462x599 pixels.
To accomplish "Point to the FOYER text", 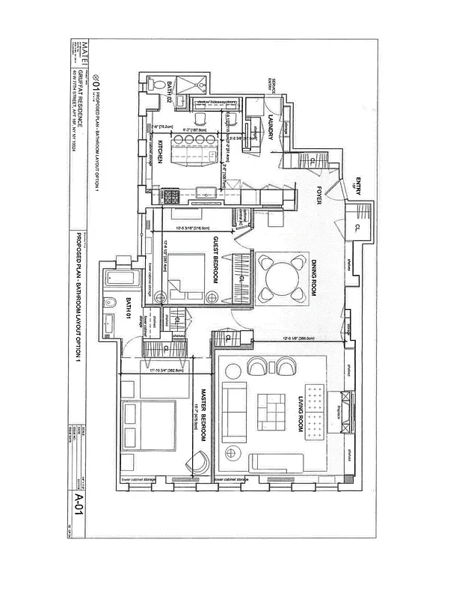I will pos(317,195).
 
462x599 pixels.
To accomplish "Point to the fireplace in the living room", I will pos(345,410).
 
